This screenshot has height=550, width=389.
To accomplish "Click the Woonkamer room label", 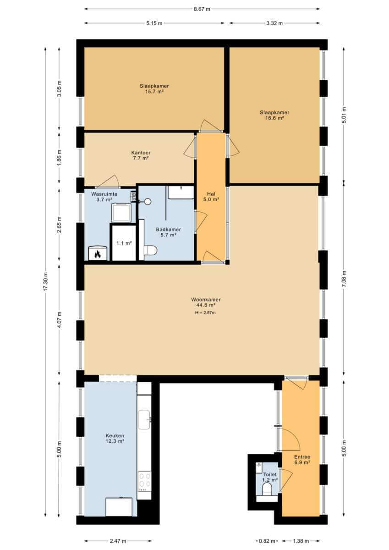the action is [206, 300].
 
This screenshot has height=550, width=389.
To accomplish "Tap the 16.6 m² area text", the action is [274, 118].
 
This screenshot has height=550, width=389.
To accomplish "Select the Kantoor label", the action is [141, 153].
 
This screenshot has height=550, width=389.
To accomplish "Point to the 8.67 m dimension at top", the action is [202, 9].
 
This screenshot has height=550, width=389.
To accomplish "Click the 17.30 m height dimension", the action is [45, 282].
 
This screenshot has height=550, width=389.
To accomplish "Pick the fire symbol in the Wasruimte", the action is [98, 254].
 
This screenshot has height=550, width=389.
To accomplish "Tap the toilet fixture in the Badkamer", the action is [150, 250].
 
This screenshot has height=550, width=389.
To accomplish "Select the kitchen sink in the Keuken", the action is [144, 420].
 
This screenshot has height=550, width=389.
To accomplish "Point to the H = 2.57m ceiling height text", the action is [205, 313].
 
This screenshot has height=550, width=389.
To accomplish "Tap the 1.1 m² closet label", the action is [124, 243].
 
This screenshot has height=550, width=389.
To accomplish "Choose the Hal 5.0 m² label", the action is [211, 197].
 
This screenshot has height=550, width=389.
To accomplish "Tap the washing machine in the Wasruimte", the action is [121, 213].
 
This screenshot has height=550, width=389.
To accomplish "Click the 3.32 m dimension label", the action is [274, 23].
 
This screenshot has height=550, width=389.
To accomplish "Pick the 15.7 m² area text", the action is [154, 92].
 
